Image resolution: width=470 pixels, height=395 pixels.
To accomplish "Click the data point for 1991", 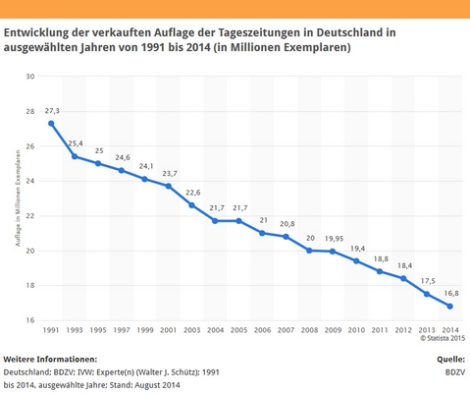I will click(x=51, y=124).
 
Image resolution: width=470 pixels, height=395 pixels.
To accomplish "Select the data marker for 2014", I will click(x=449, y=306).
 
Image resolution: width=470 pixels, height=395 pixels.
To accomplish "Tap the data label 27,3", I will click(x=52, y=111).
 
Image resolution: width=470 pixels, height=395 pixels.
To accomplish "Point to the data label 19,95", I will click(x=333, y=238).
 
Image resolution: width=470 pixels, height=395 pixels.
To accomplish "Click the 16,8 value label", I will click(x=449, y=293).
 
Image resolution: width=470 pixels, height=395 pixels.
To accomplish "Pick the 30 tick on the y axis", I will click(x=30, y=77).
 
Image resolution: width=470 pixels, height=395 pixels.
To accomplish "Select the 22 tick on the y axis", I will click(x=30, y=216).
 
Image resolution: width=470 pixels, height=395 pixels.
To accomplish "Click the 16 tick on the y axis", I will click(x=30, y=320).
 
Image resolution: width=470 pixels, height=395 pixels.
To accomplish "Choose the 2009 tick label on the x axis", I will click(x=333, y=329).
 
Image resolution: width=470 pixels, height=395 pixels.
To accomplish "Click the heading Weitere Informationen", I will click(x=49, y=360).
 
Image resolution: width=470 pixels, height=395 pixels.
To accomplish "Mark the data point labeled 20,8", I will click(x=286, y=237).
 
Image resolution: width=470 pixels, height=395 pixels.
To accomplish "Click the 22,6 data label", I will click(x=192, y=193).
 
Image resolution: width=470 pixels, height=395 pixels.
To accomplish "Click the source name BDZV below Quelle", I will click(x=454, y=373).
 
